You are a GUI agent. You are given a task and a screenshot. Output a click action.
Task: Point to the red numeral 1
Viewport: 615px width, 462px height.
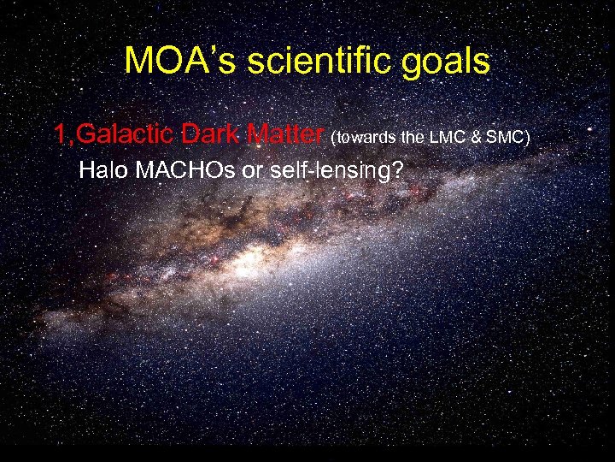(x=60, y=134)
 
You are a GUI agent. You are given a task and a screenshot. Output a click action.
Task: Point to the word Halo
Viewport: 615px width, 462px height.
(x=101, y=169)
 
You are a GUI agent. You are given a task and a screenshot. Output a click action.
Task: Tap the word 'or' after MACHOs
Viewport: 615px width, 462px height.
(x=254, y=169)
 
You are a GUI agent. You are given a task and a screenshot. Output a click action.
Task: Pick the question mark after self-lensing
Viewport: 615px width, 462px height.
(x=396, y=169)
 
